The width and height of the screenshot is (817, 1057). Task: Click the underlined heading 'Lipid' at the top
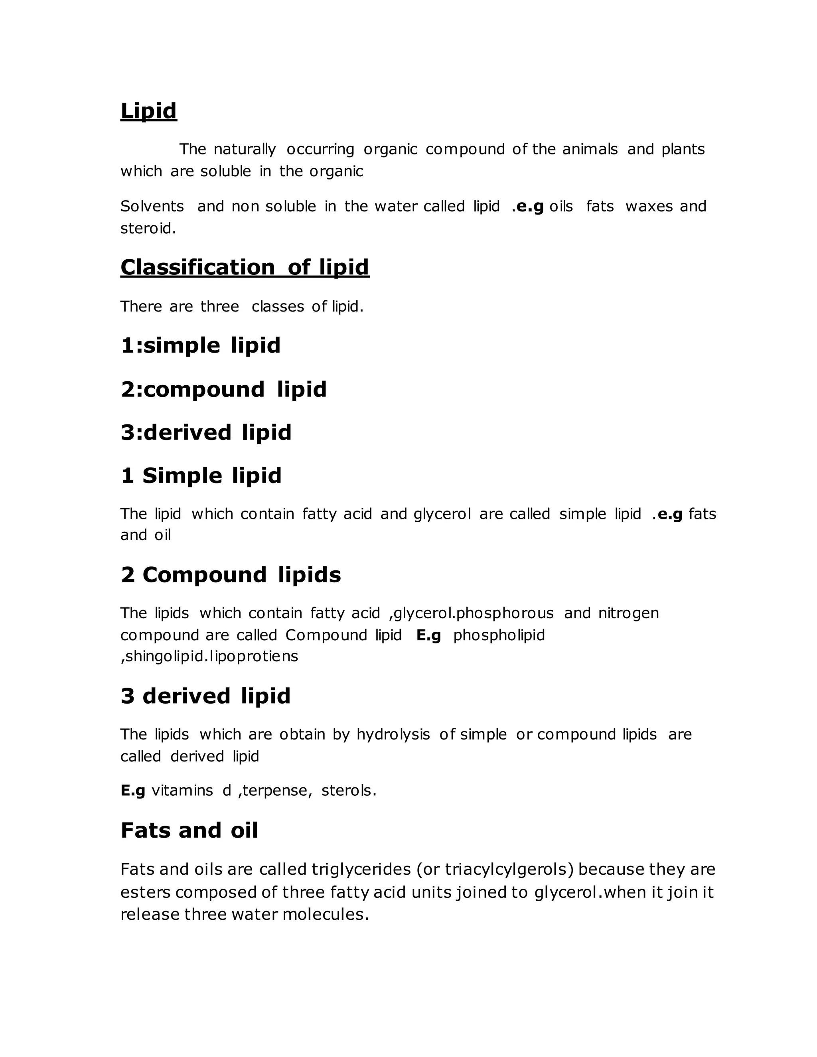148,111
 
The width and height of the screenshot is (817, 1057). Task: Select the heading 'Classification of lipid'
245,267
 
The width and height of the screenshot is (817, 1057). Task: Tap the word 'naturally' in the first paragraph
245,149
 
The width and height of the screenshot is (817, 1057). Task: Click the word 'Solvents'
152,206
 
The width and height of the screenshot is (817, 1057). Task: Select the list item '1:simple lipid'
200,345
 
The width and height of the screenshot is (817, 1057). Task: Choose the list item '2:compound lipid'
224,389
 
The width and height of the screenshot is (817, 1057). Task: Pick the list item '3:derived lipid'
206,433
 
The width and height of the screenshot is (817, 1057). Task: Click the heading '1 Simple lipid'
201,476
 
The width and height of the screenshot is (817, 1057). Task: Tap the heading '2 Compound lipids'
231,575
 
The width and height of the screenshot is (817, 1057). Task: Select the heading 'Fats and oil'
189,830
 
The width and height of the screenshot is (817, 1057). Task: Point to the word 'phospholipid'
499,635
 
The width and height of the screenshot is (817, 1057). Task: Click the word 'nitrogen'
628,613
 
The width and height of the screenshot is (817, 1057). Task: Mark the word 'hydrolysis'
393,734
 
